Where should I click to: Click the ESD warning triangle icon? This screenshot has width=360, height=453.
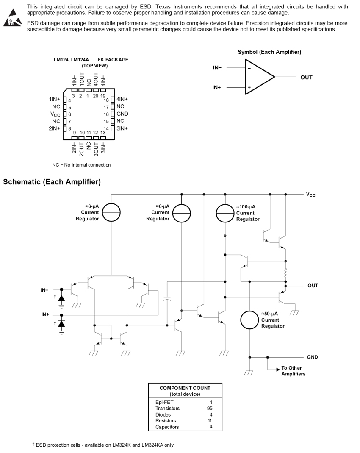12,18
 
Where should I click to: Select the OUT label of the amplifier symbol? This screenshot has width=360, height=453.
306,78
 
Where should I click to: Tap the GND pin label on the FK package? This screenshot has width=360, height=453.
122,114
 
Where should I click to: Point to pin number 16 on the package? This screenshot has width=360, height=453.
106,114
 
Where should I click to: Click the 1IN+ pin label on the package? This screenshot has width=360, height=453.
55,100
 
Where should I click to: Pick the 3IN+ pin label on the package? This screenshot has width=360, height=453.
122,128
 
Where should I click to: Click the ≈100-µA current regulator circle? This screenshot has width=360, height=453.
225,213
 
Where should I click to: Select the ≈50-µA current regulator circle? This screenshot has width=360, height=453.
249,320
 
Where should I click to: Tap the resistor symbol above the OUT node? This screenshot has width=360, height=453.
285,273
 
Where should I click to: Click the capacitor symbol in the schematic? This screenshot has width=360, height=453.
167,299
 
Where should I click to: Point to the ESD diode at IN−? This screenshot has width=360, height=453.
61,298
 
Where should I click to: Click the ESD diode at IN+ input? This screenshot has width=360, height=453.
61,324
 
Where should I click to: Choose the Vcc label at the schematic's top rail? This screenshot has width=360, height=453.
310,195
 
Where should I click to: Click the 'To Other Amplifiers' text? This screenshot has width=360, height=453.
294,371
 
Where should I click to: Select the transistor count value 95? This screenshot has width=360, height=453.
210,408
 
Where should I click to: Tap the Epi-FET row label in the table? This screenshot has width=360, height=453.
164,402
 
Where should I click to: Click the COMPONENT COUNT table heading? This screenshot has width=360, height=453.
185,388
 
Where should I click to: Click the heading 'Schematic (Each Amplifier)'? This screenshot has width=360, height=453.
52,182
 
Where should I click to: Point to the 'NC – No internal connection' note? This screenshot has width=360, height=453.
81,165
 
